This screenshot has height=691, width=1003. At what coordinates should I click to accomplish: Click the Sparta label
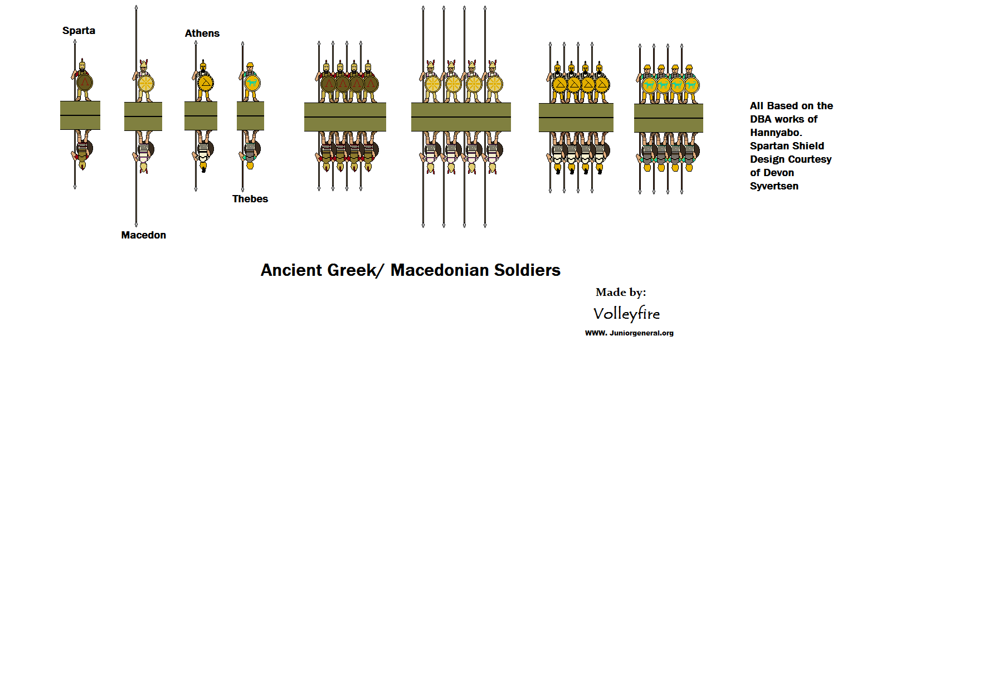[x=79, y=31]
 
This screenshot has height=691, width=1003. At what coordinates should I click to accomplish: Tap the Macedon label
[x=143, y=235]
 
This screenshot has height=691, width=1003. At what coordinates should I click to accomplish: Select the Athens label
[x=202, y=33]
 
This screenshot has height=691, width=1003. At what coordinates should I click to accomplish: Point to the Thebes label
[x=250, y=199]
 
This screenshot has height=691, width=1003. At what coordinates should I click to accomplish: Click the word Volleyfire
[x=626, y=314]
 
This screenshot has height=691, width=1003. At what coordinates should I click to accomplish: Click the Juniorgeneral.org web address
[x=629, y=333]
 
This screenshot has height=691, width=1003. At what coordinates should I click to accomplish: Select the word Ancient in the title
[x=290, y=270]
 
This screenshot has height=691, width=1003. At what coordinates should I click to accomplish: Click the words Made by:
[x=621, y=292]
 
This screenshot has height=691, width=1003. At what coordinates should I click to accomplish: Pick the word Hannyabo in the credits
[x=775, y=133]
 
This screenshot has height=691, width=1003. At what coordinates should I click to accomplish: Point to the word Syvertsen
[x=774, y=186]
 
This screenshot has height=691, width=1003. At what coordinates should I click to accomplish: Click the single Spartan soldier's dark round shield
[x=84, y=83]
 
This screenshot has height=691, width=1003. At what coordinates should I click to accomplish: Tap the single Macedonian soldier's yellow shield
[x=145, y=84]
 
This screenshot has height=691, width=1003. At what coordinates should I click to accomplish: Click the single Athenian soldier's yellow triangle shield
[x=205, y=83]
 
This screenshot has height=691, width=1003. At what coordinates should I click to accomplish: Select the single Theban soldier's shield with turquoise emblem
[x=252, y=83]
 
